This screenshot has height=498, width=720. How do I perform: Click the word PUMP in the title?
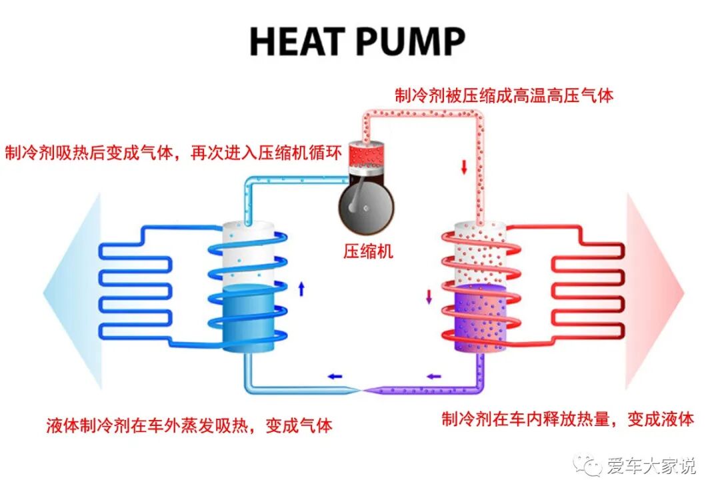[409, 41]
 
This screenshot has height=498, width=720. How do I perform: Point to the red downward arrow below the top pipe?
[464, 167]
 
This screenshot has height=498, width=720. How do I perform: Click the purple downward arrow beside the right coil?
[429, 296]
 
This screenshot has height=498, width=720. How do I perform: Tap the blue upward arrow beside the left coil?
[301, 288]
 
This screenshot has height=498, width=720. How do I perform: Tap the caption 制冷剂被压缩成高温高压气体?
[503, 95]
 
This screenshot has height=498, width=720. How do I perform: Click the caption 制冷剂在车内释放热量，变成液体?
[568, 419]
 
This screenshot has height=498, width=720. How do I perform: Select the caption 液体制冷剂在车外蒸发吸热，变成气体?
[189, 425]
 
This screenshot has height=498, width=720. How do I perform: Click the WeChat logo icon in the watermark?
[589, 465]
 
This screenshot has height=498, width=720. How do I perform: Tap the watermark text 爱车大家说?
[651, 465]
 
